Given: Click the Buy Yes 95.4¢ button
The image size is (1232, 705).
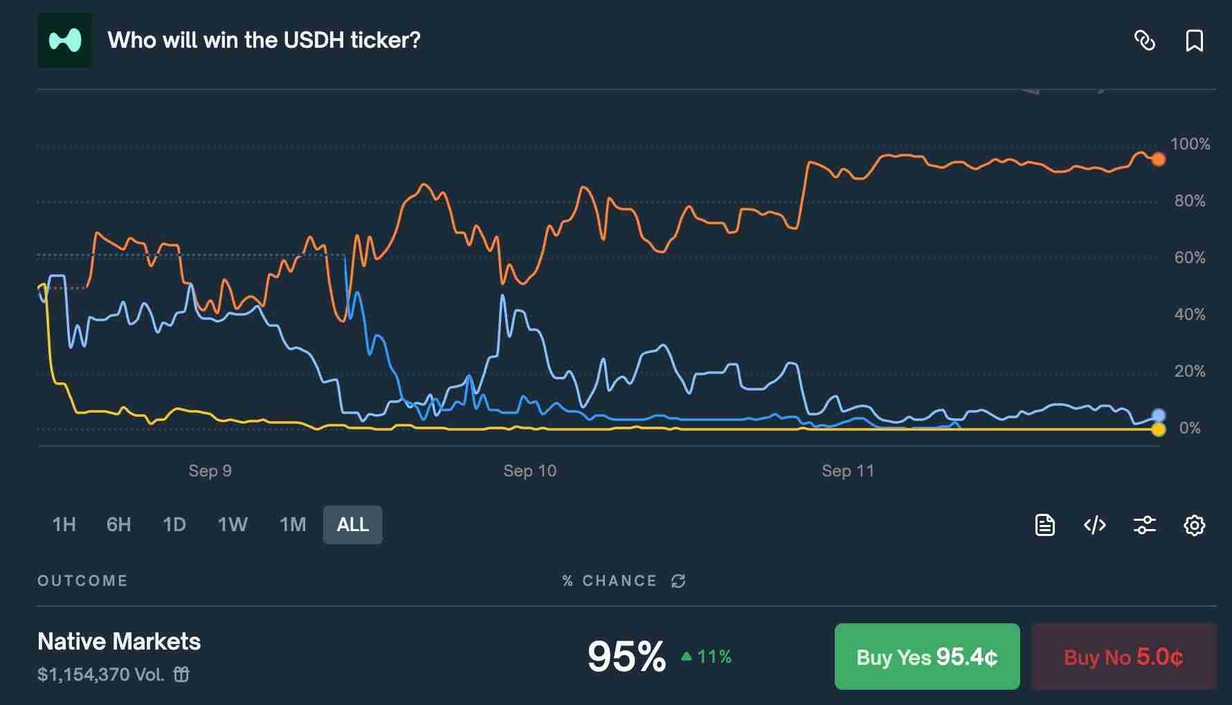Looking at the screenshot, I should click(927, 657).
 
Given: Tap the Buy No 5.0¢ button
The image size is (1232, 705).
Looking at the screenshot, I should click(1123, 657).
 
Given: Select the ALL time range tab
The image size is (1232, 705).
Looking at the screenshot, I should click(352, 525).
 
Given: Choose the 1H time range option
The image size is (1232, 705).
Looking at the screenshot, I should click(64, 525).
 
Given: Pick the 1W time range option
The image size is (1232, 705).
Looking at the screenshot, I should click(233, 525).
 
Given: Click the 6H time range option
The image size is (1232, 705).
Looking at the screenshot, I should click(118, 525).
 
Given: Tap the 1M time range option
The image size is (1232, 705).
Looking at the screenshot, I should click(293, 525).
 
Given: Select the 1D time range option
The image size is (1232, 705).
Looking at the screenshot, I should click(174, 525).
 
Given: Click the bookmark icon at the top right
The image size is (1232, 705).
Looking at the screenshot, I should click(1194, 41).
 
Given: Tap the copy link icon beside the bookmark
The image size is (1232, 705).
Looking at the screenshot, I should click(1145, 41).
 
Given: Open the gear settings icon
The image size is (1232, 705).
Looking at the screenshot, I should click(1194, 526).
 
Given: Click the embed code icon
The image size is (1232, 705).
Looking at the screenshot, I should click(1094, 526).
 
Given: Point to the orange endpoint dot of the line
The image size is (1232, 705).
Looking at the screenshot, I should click(1158, 160).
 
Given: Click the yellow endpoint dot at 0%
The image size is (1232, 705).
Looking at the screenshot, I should click(1158, 430).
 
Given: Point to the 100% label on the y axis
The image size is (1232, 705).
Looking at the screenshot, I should click(1190, 144).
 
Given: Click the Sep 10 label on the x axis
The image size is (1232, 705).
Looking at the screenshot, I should click(529, 471).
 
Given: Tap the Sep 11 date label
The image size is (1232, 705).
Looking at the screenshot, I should click(847, 471).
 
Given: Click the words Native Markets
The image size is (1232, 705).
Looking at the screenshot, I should click(119, 641).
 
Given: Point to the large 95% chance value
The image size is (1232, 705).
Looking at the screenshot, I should click(626, 657).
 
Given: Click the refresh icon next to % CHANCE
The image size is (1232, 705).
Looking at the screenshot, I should click(678, 581).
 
